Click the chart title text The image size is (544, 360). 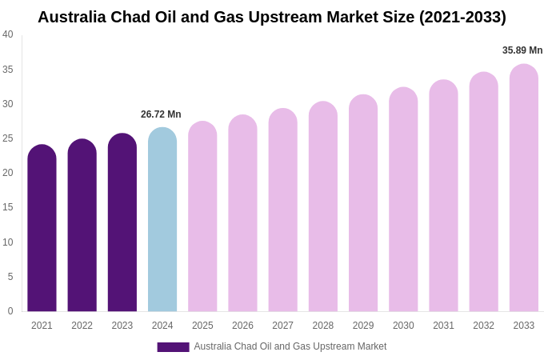coord(272,17)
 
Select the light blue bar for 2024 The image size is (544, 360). coord(162,220)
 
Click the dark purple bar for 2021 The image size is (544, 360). coord(42,229)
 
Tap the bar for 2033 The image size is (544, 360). coord(524,188)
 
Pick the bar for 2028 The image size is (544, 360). coord(323,206)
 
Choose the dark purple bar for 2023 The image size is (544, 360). coord(122,223)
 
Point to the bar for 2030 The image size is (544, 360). coord(403,200)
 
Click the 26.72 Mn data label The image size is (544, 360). coord(161,114)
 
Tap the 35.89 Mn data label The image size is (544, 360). coord(522,50)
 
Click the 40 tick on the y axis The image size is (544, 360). coord(8,34)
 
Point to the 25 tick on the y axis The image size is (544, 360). coord(8,138)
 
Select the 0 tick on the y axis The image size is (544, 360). coord(10,311)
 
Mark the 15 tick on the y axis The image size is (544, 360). coord(8,207)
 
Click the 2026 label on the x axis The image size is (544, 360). coord(242,326)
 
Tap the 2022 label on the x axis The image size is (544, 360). coord(82,326)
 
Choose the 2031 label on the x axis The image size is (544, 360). coord(443,326)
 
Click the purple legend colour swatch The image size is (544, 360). coord(173,347)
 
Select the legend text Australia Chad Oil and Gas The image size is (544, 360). coord(290,346)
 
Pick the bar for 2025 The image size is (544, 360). coord(202,217)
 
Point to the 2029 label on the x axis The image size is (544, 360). coord(363,326)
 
